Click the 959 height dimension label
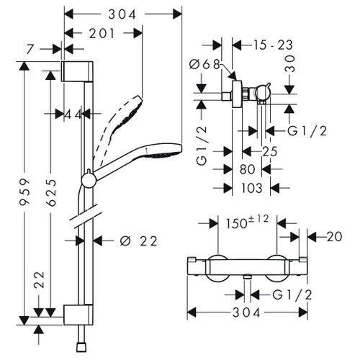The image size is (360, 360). [24, 192]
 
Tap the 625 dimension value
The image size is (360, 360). [51, 192]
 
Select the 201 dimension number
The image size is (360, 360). [102, 33]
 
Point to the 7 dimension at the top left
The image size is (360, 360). [30, 50]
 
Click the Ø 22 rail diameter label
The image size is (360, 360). [139, 241]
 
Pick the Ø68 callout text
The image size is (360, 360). [204, 64]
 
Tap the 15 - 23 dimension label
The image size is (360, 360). [273, 45]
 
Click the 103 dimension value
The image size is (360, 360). [251, 188]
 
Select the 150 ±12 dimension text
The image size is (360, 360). [247, 222]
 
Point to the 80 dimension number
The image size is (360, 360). [247, 169]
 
